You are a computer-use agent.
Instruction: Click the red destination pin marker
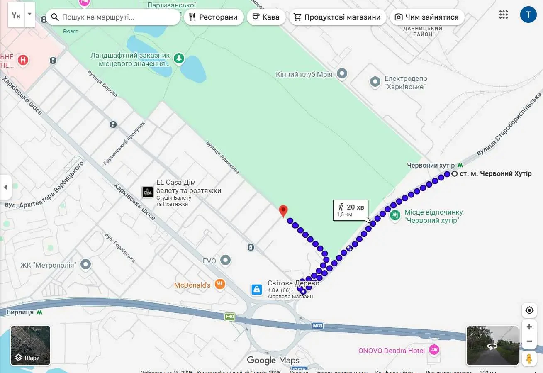tap(283, 210)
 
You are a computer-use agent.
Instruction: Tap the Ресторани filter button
tap(214, 17)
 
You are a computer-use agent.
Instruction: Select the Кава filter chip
tap(265, 17)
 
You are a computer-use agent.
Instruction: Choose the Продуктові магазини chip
tap(337, 17)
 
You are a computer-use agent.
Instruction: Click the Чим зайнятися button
tap(427, 17)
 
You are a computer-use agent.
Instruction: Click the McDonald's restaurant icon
tap(220, 284)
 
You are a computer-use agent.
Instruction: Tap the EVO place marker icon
tap(226, 261)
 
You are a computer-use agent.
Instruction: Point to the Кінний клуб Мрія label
tap(304, 74)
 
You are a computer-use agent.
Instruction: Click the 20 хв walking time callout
tap(351, 210)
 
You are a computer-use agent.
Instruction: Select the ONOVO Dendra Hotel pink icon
tap(434, 350)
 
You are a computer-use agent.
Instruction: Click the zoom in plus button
tap(529, 327)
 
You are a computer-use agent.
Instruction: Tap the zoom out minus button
tap(529, 341)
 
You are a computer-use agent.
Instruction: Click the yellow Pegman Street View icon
tap(529, 358)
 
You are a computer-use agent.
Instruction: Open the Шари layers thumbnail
tap(31, 345)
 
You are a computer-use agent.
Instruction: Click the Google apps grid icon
tap(504, 15)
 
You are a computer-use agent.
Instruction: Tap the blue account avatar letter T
tap(528, 15)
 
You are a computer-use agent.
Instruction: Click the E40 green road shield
tap(230, 317)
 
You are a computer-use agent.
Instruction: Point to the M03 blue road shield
tap(317, 326)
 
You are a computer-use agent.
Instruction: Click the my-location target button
tap(529, 310)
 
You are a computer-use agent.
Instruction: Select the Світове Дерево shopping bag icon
tap(257, 289)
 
